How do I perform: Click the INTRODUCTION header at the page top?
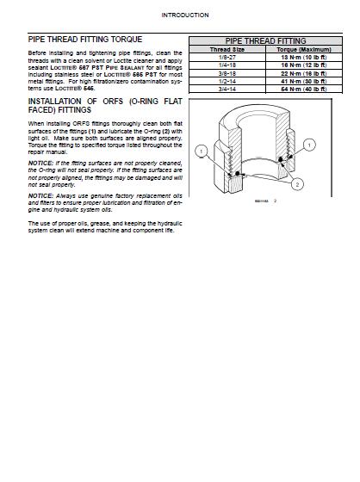[179, 15]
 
